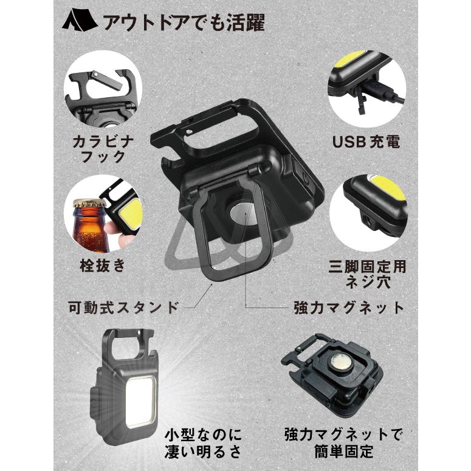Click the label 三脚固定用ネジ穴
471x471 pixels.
[366, 274]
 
